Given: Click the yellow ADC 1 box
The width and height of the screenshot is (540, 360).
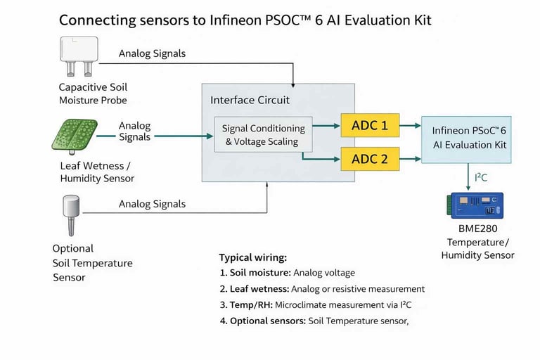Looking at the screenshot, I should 370,127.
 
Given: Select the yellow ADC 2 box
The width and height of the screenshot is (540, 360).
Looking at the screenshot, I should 370,159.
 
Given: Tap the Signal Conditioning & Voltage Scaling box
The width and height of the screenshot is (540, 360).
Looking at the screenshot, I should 264,135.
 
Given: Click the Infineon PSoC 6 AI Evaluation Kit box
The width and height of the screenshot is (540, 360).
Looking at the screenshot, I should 470,138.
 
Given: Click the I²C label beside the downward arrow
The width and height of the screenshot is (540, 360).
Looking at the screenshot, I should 481,177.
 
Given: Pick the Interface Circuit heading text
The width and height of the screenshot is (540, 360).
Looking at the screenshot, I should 250,101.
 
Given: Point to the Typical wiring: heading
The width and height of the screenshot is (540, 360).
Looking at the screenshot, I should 253,257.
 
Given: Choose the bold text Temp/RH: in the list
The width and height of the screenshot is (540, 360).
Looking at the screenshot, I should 250,305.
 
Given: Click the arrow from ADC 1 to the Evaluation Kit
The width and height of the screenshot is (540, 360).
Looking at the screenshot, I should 410,127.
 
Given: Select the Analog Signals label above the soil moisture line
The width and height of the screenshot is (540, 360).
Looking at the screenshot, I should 152,53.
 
